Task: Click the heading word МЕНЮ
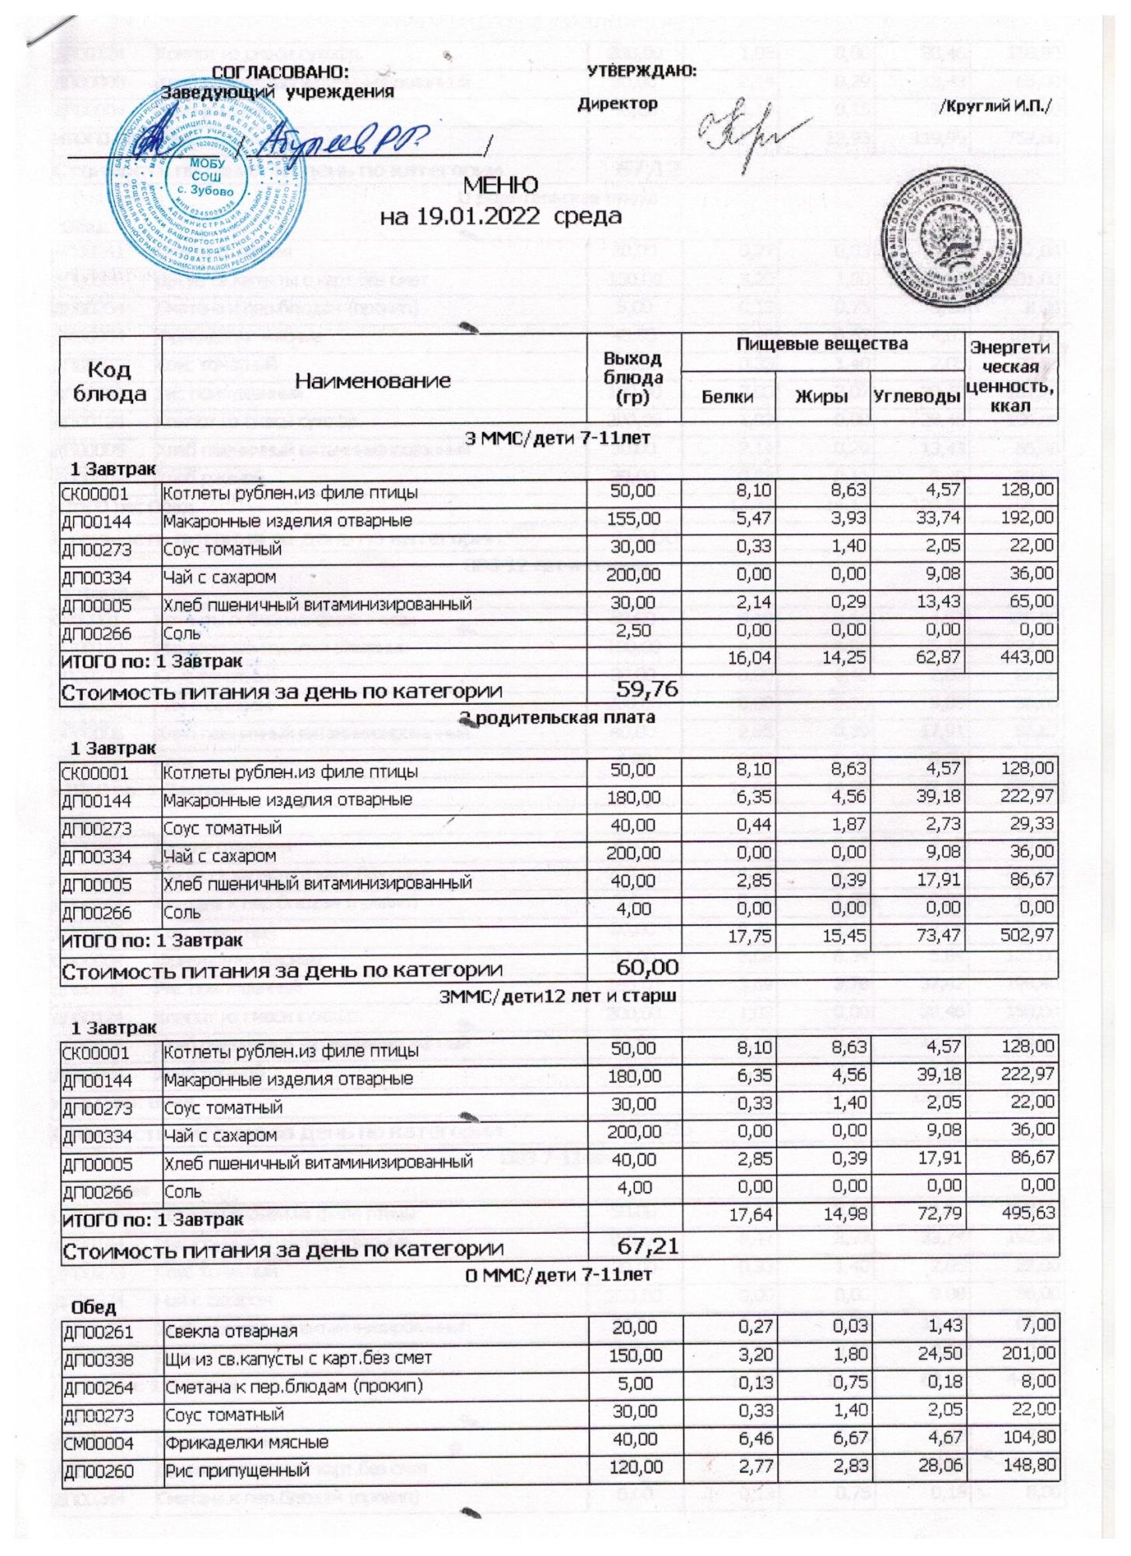501,186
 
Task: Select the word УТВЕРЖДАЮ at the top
641,72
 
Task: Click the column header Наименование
373,380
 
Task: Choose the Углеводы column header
917,397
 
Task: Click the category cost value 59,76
647,689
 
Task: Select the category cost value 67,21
647,1248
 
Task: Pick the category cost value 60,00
647,968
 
